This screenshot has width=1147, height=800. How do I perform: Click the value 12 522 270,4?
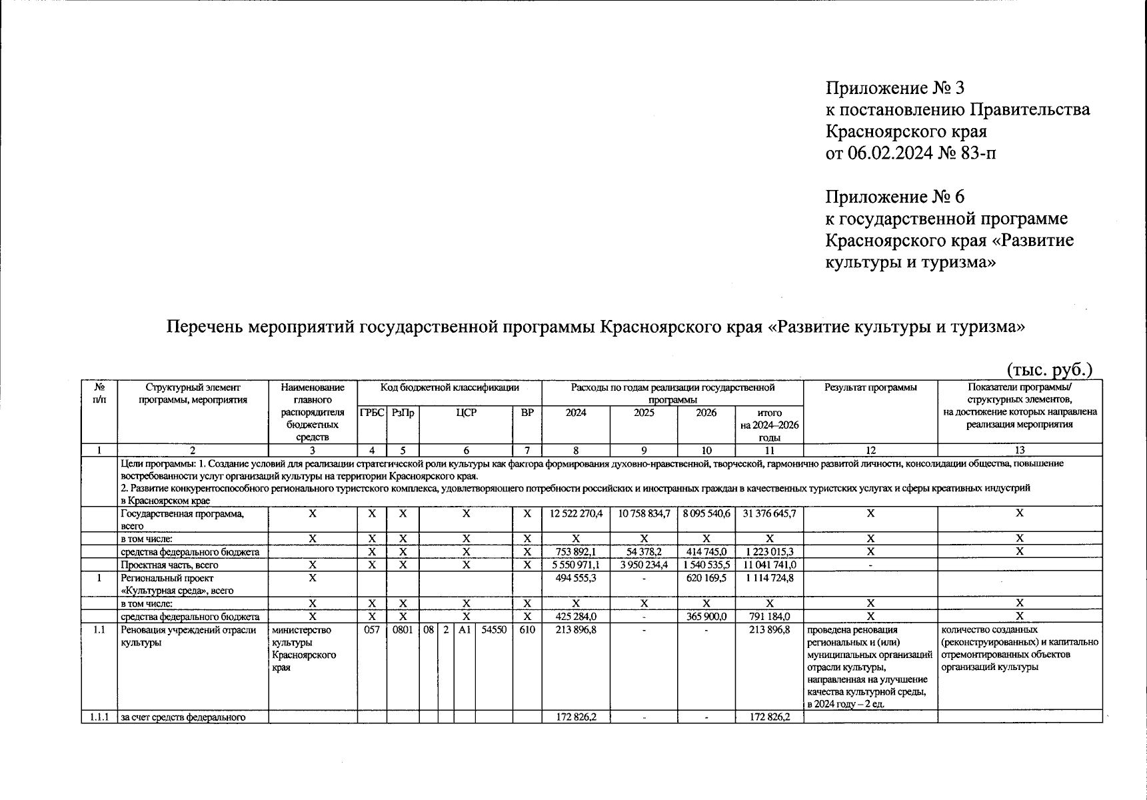pyautogui.click(x=576, y=514)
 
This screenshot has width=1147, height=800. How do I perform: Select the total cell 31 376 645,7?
pyautogui.click(x=769, y=514)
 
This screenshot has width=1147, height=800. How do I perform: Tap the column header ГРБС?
pyautogui.click(x=372, y=413)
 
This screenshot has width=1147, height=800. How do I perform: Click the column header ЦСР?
pyautogui.click(x=466, y=413)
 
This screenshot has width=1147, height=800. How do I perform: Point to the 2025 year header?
pyautogui.click(x=643, y=413)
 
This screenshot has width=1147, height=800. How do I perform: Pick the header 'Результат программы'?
pyautogui.click(x=870, y=387)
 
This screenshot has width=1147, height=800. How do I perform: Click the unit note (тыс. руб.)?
pyautogui.click(x=1049, y=369)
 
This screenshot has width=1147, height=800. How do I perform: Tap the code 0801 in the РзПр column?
pyautogui.click(x=403, y=629)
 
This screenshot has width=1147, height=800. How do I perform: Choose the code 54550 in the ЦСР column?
pyautogui.click(x=493, y=629)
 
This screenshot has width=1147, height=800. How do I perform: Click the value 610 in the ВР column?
pyautogui.click(x=527, y=629)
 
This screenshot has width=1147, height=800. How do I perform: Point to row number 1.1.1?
pyautogui.click(x=99, y=717)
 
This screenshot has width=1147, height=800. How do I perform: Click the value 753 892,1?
pyautogui.click(x=576, y=551)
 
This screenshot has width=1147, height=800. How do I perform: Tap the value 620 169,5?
pyautogui.click(x=706, y=578)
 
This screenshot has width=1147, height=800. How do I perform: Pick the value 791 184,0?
pyautogui.click(x=769, y=617)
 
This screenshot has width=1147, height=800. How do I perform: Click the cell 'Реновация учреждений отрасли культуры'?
pyautogui.click(x=188, y=636)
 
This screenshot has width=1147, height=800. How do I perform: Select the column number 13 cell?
pyautogui.click(x=1019, y=450)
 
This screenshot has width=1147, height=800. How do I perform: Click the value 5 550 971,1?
pyautogui.click(x=576, y=565)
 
